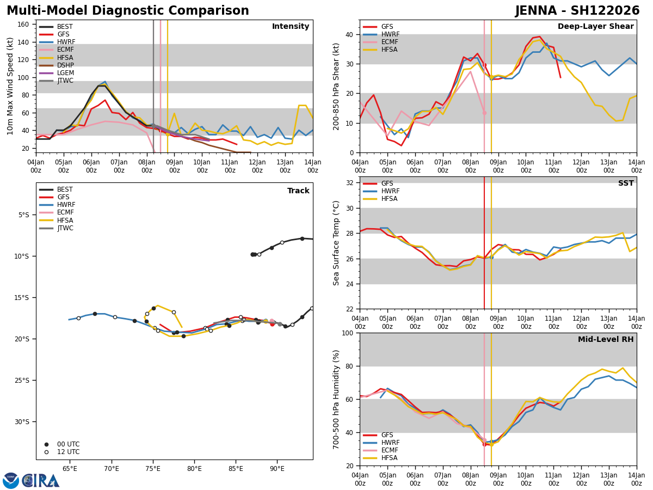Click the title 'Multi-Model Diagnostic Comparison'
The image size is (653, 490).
127,11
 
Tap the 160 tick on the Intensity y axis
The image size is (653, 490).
25,24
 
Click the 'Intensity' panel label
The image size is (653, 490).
290,27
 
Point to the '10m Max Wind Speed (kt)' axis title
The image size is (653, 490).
10,86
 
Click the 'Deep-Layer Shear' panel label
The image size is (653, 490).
595,27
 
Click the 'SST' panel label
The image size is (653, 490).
625,183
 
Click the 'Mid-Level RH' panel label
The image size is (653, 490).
605,340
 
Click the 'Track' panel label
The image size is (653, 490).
298,191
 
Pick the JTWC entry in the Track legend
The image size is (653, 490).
65,228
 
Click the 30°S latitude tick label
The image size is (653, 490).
22,421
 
